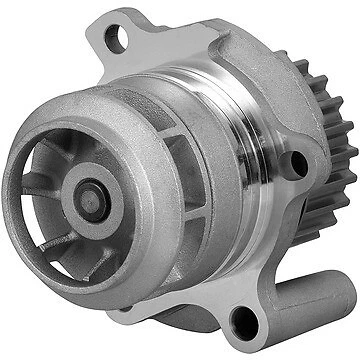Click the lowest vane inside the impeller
pyautogui.click(x=75, y=250)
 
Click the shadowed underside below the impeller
pyautogui.click(x=150, y=290)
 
